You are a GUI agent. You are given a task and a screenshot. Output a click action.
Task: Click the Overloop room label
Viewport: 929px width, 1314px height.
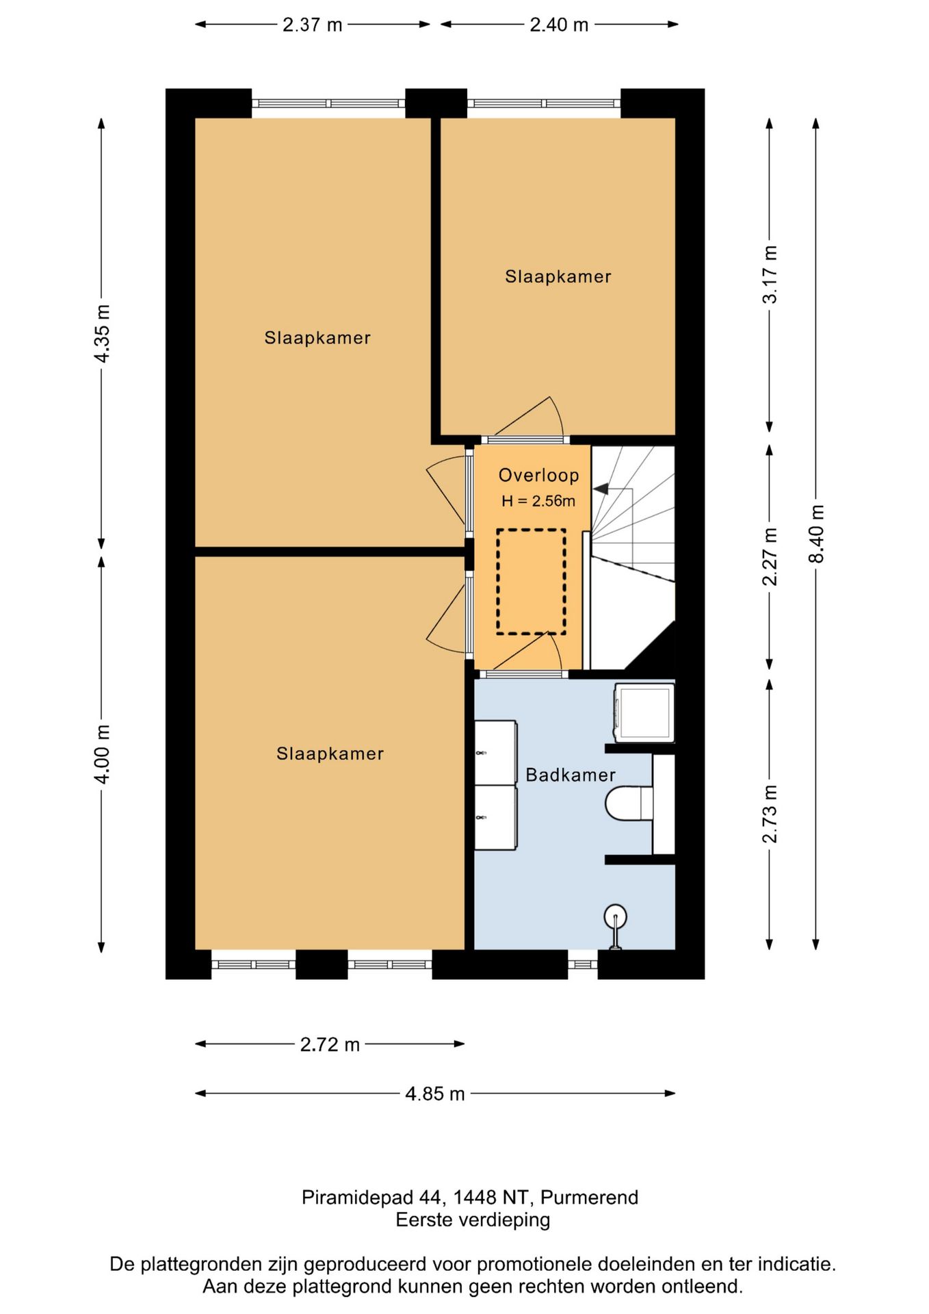pos(538,475)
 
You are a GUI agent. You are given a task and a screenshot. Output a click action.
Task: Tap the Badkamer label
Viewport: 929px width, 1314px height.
pos(571,775)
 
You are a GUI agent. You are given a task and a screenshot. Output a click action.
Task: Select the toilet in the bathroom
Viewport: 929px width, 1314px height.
pos(629,803)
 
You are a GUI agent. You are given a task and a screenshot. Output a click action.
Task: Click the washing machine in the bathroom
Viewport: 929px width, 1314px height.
pos(644,712)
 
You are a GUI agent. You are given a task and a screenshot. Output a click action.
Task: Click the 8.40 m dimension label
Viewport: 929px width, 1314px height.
pos(816,533)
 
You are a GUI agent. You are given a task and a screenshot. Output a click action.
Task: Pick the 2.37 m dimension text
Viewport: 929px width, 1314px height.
pos(312,25)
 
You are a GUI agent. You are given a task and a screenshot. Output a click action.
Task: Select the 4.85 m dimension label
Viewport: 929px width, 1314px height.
pos(434,1094)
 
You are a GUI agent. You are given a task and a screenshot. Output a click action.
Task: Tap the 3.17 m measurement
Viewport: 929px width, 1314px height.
pos(770,274)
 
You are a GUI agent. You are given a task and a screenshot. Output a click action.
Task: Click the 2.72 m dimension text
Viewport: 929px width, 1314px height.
pos(330,1044)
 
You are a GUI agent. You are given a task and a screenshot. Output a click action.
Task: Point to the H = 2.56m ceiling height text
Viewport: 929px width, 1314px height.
pos(538,501)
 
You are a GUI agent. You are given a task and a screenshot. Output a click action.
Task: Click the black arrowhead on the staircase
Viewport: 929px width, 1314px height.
pos(601,489)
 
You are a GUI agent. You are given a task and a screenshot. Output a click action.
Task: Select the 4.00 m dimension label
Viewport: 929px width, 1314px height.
pos(102,754)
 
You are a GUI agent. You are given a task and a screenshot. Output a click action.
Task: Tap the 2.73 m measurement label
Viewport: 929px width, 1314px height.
pos(770,814)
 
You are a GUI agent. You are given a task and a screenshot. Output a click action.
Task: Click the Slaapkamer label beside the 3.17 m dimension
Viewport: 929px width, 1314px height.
pos(558,276)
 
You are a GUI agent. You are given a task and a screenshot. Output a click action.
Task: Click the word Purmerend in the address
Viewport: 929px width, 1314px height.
pos(589,1197)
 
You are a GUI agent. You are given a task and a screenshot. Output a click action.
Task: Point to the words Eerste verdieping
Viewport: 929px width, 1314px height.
pos(473,1220)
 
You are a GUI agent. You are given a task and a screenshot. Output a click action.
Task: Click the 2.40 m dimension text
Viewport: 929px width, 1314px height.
pos(559,25)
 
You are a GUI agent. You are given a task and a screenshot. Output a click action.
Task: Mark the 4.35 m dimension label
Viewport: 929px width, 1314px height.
pos(102,334)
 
